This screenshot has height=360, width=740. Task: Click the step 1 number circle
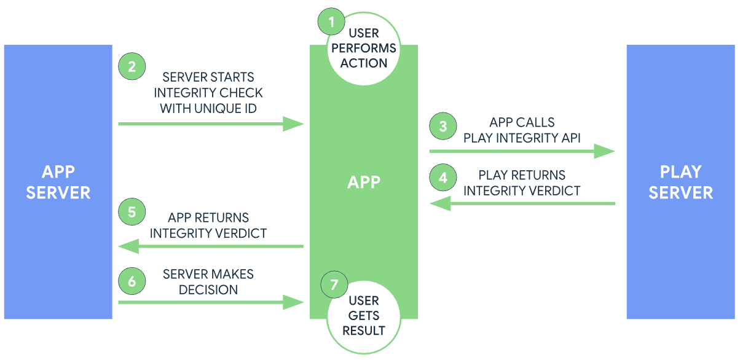(332, 23)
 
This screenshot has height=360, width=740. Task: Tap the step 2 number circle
(132, 66)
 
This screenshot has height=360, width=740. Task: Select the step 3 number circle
(443, 127)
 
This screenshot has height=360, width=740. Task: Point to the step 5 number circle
(132, 213)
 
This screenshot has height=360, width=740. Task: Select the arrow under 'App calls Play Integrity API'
(522, 151)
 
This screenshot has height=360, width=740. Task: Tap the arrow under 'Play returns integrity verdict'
(522, 203)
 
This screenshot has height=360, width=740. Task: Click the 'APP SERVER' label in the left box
(58, 182)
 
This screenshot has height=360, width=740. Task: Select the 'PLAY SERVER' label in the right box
(681, 182)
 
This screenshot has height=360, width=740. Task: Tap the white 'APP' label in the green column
(364, 182)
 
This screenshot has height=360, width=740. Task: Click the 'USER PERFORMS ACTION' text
(364, 48)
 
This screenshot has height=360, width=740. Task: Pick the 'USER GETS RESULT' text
(364, 316)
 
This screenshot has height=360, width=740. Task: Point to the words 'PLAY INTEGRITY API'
(522, 138)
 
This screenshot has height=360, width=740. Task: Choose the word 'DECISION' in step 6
(208, 289)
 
